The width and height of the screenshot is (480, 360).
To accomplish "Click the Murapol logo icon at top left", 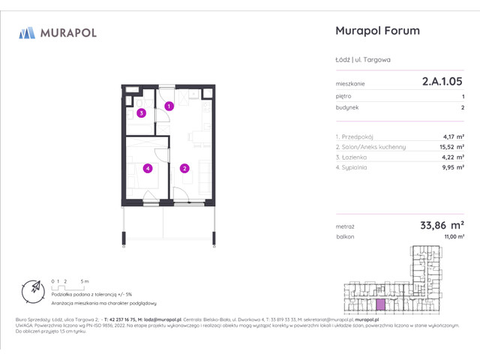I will point(27,32).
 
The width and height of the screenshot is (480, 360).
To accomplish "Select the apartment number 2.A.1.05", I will point(442,85).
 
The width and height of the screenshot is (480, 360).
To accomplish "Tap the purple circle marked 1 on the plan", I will point(169,106).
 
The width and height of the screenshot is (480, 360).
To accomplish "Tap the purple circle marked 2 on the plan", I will point(184,169).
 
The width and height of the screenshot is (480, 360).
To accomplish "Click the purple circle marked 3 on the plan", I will point(140,114).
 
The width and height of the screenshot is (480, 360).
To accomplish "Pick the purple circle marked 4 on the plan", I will point(148,169).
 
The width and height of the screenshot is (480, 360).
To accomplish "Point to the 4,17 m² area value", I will point(453,137).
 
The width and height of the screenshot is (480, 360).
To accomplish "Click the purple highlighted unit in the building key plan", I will point(382,304).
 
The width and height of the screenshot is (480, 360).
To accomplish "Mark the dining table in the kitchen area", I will point(198,138).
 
